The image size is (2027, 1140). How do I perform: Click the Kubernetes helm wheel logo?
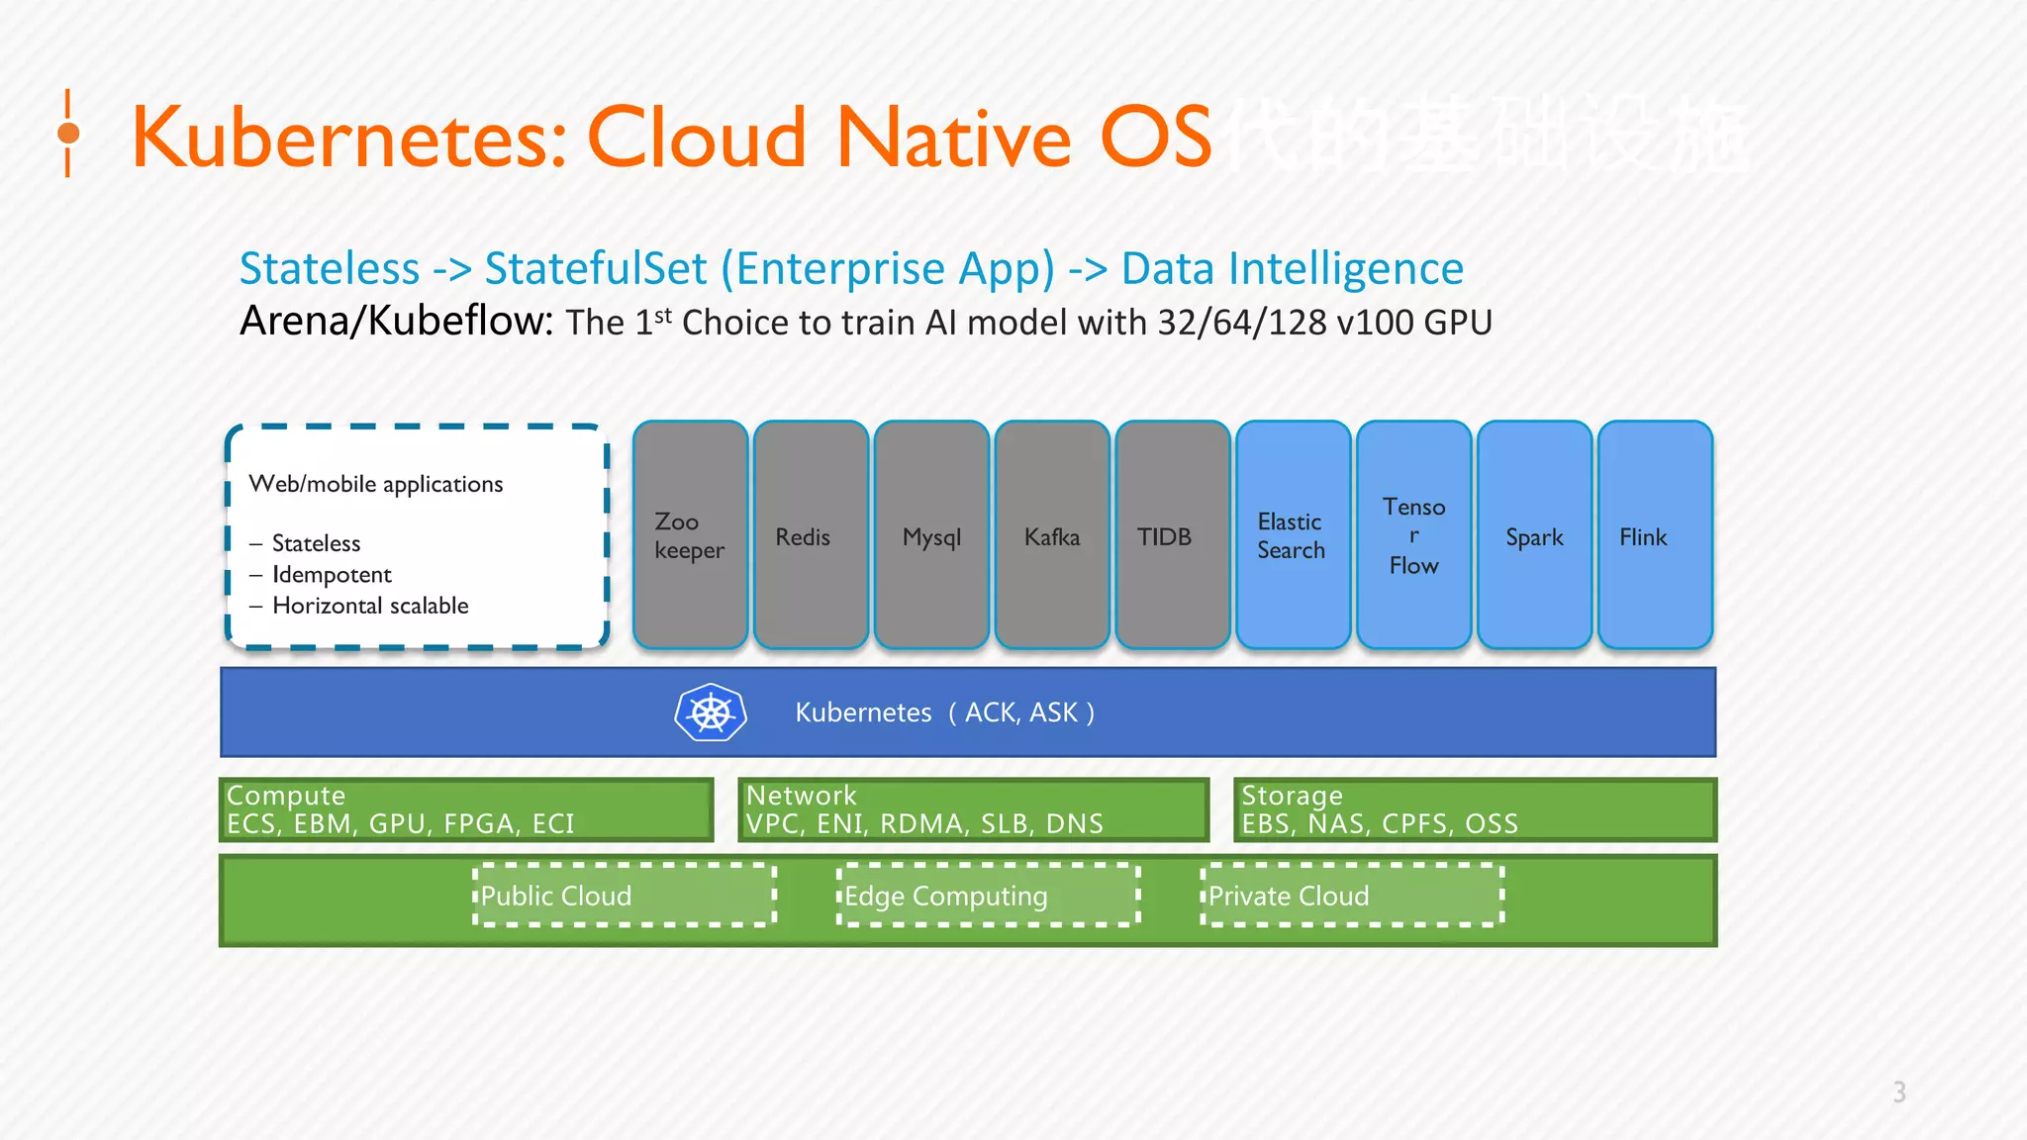pos(711,712)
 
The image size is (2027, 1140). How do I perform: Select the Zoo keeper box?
pos(690,535)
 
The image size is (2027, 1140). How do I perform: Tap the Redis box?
pos(811,535)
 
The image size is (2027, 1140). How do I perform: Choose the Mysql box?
pos(931,535)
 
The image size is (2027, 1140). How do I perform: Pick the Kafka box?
pos(1052,535)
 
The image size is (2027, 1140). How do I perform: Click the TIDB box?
pos(1173,535)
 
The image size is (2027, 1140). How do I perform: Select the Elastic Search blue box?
pos(1293,535)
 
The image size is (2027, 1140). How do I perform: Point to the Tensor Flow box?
pos(1413,535)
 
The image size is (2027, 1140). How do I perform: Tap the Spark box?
pos(1534,535)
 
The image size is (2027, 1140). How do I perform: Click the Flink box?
pos(1655,535)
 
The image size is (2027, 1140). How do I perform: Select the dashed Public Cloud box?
pos(625,896)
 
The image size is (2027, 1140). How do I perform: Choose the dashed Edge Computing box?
pos(989,896)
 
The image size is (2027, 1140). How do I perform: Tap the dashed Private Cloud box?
pos(1352,896)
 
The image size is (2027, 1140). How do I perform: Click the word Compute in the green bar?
pos(286,796)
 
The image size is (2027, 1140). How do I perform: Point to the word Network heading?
pos(801,796)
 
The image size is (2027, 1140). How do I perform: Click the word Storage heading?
pos(1292,796)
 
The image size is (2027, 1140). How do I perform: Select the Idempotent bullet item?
pos(332,575)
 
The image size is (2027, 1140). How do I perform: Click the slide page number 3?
pos(1899,1092)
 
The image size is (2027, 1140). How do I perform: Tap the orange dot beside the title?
pos(68,133)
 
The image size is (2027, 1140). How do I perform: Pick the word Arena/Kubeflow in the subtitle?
pos(396,322)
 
